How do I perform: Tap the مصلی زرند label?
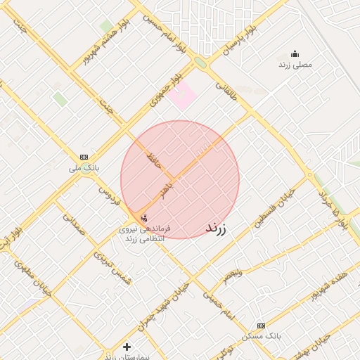295,65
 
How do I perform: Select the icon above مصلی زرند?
295,53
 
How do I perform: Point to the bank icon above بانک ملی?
84,157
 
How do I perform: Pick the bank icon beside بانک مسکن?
261,326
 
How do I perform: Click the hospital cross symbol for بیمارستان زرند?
127,347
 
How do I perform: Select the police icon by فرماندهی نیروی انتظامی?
144,218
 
